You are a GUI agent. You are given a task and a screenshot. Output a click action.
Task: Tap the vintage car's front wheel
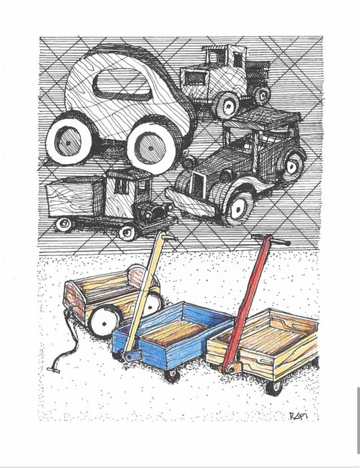coord(236,208)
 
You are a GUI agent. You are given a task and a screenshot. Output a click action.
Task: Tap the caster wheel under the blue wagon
coord(173,374)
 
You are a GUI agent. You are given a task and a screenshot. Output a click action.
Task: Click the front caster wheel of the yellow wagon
coord(274,387)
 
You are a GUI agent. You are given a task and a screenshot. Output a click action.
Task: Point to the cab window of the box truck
coord(123,185)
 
